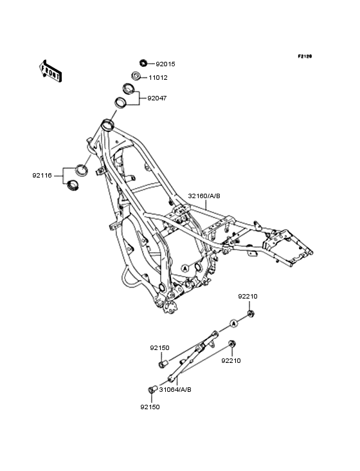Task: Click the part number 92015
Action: coord(165,64)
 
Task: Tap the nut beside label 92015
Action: coord(143,63)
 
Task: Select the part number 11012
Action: coord(158,78)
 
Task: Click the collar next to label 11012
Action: coord(136,75)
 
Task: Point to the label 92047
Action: coord(157,98)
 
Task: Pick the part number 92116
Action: coord(42,176)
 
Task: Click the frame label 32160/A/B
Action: coord(204,196)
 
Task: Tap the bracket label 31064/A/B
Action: coord(175,389)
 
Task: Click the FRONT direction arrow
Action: coord(50,71)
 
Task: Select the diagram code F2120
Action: coord(305,56)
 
